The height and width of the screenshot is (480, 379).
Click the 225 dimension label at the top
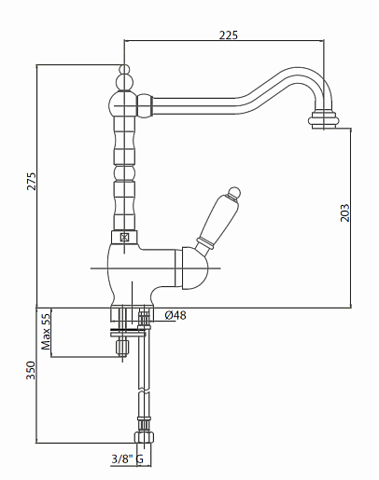pos(229,34)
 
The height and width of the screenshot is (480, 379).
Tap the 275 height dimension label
pos(31,181)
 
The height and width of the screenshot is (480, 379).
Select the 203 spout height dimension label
pos(344,213)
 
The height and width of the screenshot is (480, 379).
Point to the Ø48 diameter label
pos(175,315)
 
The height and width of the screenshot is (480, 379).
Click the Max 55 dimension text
pos(46,332)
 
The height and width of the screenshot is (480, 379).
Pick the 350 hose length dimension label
pos(31,370)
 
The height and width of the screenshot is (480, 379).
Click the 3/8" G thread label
pos(128,459)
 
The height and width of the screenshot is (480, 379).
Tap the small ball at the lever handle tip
pos(234,193)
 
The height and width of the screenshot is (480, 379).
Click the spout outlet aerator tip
pos(323,119)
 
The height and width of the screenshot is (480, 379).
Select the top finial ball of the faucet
pos(124,69)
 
